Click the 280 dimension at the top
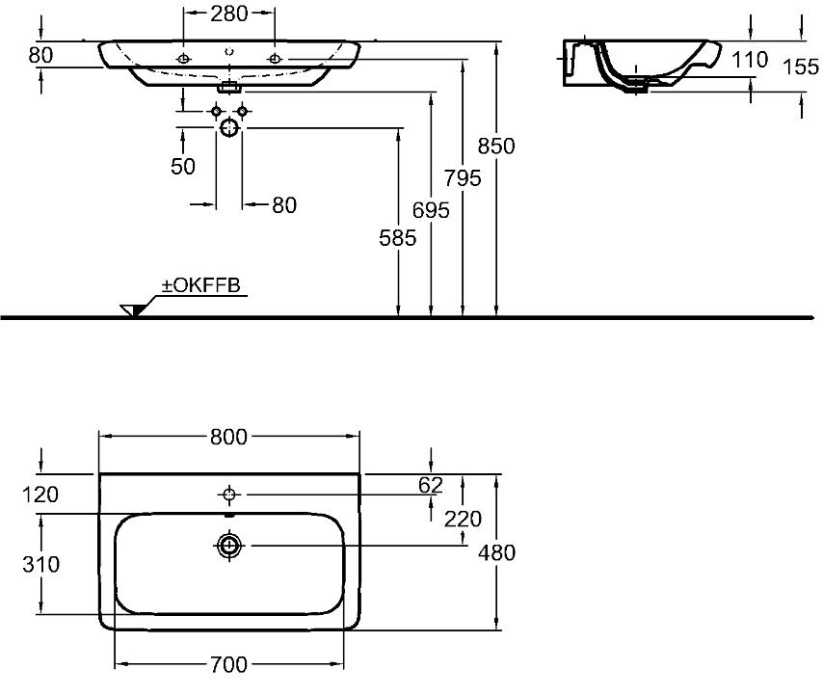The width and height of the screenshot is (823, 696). tap(228, 13)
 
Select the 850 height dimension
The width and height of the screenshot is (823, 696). tap(496, 146)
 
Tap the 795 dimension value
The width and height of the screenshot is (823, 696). tap(463, 178)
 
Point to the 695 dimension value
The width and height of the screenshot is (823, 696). tap(431, 210)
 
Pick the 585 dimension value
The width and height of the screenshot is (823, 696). tap(398, 238)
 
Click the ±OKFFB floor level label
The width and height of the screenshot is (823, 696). tap(201, 285)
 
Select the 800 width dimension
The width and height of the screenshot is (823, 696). tap(228, 437)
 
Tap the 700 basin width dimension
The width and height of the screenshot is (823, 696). tap(228, 665)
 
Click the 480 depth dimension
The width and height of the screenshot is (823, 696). tap(496, 552)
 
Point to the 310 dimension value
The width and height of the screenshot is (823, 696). tap(40, 564)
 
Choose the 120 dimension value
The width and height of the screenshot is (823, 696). tap(40, 495)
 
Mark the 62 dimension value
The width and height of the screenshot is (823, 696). tap(431, 485)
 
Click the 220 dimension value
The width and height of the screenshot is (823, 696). tap(463, 520)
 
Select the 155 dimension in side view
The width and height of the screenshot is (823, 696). tap(801, 67)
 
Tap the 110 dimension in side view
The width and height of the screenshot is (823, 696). tap(750, 60)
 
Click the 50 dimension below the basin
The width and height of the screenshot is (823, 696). tap(183, 167)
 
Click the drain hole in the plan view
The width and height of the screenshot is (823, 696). tap(228, 546)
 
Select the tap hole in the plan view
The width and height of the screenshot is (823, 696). tap(228, 494)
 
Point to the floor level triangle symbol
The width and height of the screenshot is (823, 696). tap(132, 310)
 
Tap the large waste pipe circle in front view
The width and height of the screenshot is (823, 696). tap(229, 127)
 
